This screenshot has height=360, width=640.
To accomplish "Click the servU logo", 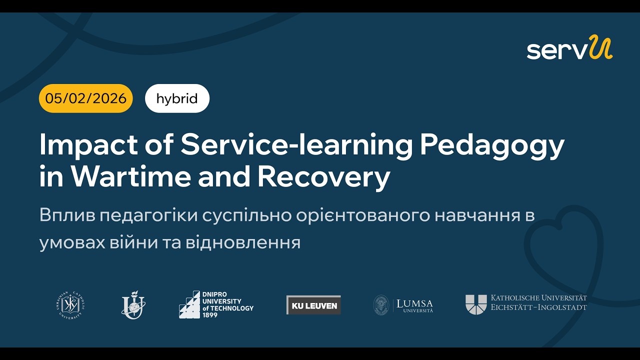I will (569, 48).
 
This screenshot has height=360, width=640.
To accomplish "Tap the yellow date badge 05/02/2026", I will (86, 98).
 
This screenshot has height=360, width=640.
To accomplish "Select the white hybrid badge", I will (177, 98).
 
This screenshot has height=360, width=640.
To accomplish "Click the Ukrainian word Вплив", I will (66, 216).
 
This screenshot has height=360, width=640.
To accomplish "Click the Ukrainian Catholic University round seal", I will (70, 305).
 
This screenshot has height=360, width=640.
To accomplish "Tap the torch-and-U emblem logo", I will (133, 304).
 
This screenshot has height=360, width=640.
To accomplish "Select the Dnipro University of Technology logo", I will (216, 304).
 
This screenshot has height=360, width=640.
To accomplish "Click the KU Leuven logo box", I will (313, 305).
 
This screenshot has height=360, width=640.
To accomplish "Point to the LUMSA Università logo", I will (403, 305).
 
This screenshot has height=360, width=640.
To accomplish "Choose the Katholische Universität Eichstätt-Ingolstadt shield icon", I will (475, 304).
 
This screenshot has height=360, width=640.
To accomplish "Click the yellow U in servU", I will (600, 47).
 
